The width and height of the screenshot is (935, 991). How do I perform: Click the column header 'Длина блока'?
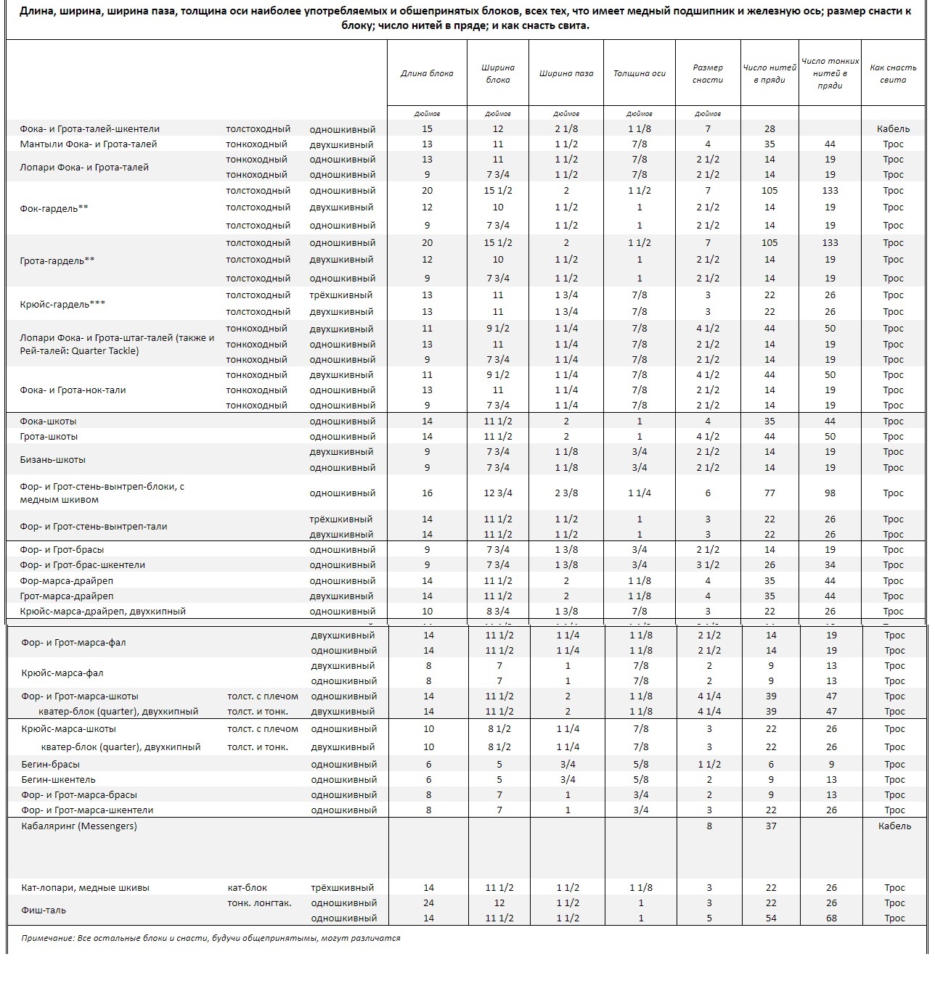pos(427,73)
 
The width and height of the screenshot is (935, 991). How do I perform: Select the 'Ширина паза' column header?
pos(566,73)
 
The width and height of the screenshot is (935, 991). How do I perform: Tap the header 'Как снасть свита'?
pos(893,73)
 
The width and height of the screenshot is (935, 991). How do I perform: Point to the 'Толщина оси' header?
pos(640,73)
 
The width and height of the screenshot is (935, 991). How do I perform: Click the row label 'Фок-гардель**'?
pos(54,208)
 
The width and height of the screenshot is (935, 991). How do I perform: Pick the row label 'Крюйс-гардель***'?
pos(62,304)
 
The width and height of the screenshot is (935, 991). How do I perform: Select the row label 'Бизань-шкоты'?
pos(52,460)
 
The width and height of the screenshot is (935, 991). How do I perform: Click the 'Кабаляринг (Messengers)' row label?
pos(79,826)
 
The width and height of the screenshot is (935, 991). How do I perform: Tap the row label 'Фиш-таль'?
pos(44,910)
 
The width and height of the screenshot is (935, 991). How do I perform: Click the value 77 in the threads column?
pos(769,493)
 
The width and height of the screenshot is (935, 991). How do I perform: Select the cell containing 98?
pos(830,493)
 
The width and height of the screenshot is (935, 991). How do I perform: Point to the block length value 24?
pos(428,903)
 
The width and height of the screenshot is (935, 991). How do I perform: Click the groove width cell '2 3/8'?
pos(566,493)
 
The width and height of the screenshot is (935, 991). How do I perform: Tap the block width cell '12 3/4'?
pos(498,493)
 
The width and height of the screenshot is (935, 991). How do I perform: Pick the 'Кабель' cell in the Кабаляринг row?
pos(894,826)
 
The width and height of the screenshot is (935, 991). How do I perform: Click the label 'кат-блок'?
pos(248,888)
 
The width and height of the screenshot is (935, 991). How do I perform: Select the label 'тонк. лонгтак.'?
pos(259,903)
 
